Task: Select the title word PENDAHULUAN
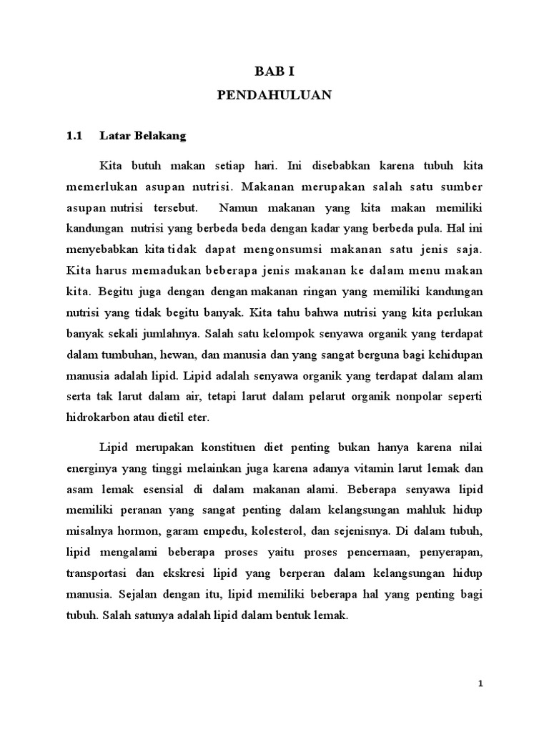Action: (274, 96)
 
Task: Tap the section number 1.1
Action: (75, 134)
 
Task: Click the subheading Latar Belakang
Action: (143, 134)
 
